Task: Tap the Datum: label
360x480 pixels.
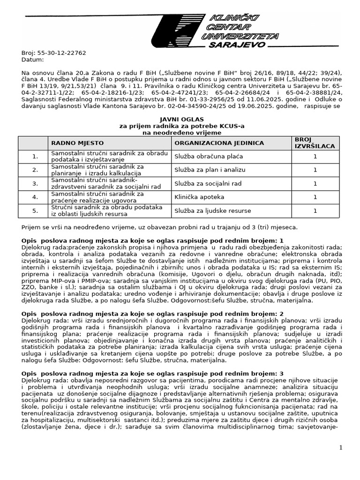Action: point(32,60)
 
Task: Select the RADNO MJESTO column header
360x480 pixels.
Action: point(77,143)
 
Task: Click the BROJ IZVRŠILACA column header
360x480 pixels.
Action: point(315,143)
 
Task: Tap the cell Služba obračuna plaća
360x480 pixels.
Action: point(209,156)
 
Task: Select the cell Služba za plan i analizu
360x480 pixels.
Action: point(210,170)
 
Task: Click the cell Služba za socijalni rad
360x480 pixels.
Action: point(208,183)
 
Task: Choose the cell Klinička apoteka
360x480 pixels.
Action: point(199,197)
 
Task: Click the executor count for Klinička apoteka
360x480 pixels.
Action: point(315,197)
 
